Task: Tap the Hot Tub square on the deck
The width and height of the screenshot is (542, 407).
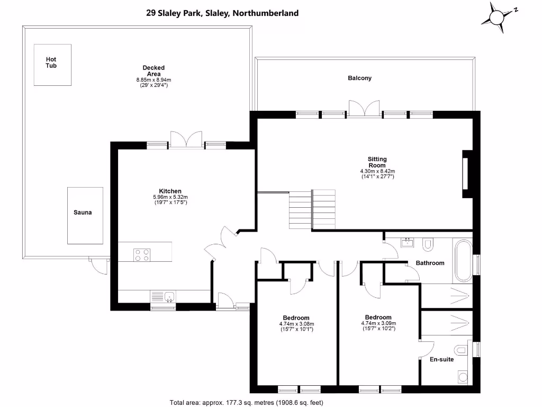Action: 52,64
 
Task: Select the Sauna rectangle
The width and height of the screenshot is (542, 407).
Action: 85,215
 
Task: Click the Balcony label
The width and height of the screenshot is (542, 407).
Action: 359,78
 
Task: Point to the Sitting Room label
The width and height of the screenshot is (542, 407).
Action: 377,162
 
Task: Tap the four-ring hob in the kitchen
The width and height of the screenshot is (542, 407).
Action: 141,255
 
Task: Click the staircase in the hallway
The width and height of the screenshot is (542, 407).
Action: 312,209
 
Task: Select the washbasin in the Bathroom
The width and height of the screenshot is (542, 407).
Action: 408,243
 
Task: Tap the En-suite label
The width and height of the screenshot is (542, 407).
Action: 441,359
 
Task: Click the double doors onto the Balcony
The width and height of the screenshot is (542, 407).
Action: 364,108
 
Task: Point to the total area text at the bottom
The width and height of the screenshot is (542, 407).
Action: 246,402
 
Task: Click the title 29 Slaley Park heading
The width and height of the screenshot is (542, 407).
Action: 222,13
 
